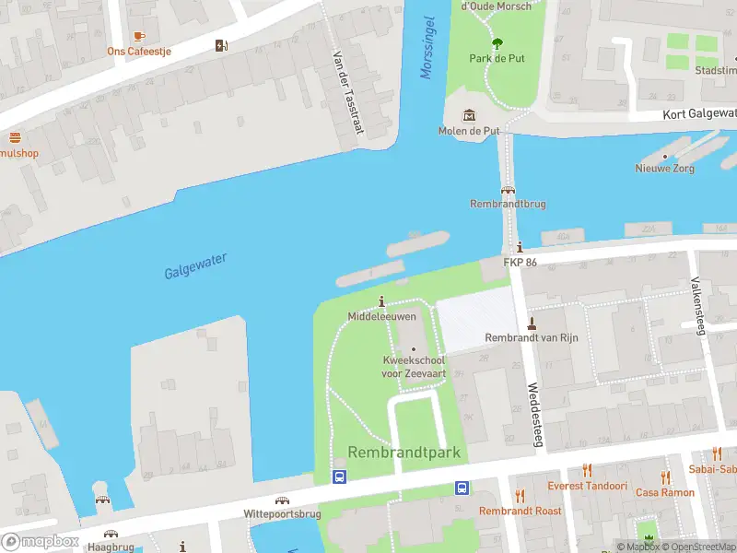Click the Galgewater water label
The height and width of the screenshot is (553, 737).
[x=195, y=267]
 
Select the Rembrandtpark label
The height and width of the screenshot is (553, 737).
[x=404, y=453]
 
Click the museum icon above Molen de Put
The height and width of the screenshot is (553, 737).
[x=470, y=114]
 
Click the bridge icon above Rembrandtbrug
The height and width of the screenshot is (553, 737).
[x=507, y=189]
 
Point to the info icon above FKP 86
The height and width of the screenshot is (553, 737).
[x=521, y=247]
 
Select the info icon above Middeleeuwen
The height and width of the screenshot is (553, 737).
[x=382, y=300]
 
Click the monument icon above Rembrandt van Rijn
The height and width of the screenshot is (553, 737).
[x=532, y=323]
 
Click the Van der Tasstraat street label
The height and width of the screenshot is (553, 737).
[x=347, y=90]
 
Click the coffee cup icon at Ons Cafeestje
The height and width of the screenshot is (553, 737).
[x=139, y=35]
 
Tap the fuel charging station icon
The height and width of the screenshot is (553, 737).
[x=221, y=45]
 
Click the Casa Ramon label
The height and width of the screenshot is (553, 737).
[x=664, y=493]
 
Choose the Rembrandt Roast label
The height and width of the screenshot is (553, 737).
[x=520, y=511]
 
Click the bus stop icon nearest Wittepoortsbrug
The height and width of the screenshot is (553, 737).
[x=339, y=477]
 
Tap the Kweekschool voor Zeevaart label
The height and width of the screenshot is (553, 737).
[x=413, y=366]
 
